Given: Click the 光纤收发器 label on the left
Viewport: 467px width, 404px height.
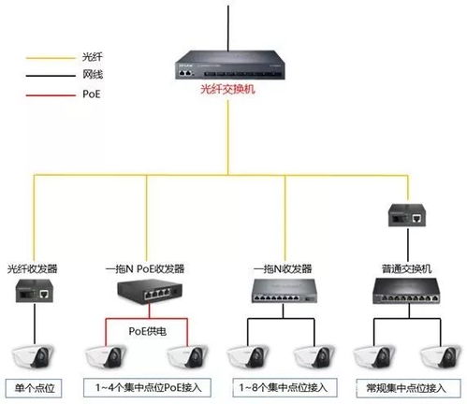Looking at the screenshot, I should (x=33, y=268).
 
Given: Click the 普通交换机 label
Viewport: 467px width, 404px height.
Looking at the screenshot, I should (x=404, y=268).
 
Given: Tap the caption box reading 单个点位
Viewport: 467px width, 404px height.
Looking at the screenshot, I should (x=33, y=386).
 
